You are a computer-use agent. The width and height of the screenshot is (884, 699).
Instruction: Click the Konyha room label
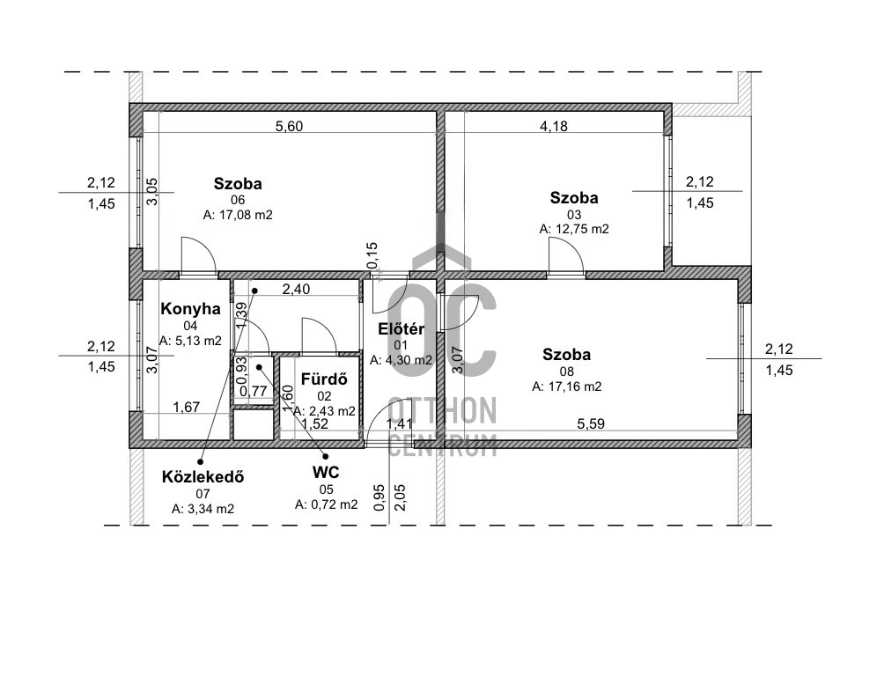(x=190, y=309)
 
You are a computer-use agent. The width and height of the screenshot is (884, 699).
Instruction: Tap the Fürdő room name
(x=324, y=379)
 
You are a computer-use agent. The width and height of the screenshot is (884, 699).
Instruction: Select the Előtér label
(x=401, y=329)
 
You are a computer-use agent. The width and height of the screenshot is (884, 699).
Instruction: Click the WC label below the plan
(x=326, y=472)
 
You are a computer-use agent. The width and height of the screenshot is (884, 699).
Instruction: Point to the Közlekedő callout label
(x=203, y=477)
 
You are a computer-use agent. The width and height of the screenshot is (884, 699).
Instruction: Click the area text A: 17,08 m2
(x=238, y=215)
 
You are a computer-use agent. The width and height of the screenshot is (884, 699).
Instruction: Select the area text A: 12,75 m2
(x=574, y=229)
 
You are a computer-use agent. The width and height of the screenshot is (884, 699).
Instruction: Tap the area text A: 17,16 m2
(x=567, y=386)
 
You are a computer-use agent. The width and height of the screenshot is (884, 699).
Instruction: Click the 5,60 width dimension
(x=289, y=126)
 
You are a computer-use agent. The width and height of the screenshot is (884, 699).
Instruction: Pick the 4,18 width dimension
(x=554, y=126)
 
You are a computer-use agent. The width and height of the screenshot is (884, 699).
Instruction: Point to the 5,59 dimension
(x=591, y=423)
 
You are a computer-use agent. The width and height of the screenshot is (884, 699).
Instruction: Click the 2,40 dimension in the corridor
(x=296, y=289)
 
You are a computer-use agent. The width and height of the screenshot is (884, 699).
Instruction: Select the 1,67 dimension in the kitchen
(x=186, y=407)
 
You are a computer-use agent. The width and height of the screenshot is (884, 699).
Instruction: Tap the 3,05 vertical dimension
(x=152, y=192)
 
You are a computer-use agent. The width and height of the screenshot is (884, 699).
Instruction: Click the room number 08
(x=567, y=371)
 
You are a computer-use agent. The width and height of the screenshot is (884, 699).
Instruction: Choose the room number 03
(x=574, y=214)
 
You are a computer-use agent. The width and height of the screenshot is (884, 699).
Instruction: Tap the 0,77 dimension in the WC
(x=253, y=391)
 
